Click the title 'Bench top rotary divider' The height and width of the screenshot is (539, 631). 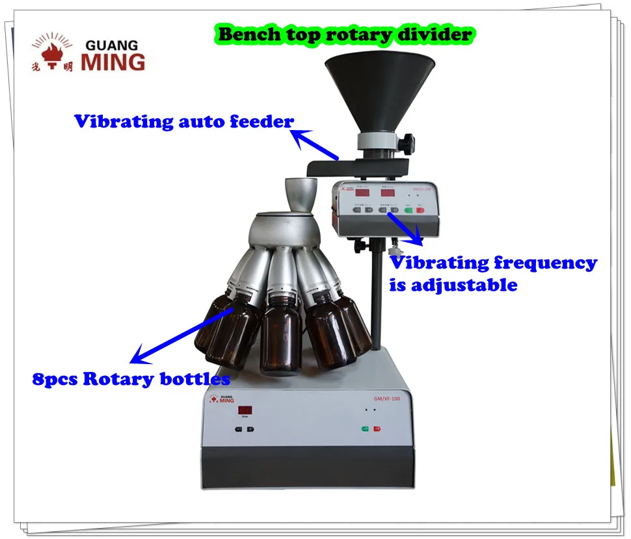[345, 34]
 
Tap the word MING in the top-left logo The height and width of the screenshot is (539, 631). [113, 62]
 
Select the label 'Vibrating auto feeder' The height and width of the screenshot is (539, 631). [183, 122]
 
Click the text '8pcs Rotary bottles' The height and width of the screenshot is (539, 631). [131, 379]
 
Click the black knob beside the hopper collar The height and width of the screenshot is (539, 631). [407, 140]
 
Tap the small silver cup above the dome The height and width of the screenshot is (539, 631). [301, 193]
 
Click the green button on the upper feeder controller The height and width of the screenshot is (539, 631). [408, 209]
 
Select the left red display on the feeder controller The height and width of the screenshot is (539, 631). [362, 192]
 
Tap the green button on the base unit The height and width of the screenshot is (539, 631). [366, 429]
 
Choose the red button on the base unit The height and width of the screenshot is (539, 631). [377, 429]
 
